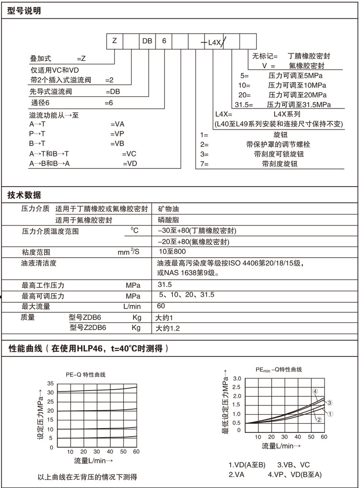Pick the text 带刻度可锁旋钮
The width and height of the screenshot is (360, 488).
point(279,154)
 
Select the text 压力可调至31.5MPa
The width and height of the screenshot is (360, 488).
point(299,104)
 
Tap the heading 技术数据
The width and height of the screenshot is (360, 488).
point(24,195)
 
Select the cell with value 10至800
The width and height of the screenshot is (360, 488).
point(172,251)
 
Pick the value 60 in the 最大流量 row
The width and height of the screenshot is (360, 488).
point(161,306)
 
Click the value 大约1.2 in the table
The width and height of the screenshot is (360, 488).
point(168,328)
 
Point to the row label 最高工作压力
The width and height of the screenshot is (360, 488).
point(43,285)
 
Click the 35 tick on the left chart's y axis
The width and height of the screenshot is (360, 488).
point(50,383)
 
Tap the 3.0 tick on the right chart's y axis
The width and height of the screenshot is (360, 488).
point(236,379)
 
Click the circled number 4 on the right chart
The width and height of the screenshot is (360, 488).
point(315,392)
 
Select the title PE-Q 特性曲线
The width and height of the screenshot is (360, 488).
point(85,374)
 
